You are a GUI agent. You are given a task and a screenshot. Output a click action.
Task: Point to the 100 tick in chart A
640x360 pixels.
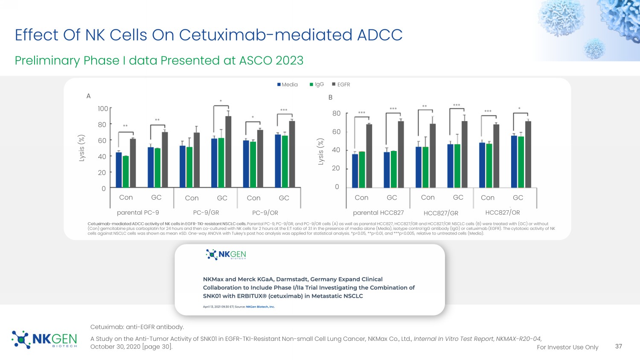pos(103,109)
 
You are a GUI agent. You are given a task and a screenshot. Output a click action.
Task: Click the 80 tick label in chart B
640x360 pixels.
pos(336,113)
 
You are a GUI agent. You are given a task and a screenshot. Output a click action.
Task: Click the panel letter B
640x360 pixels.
pos(330,97)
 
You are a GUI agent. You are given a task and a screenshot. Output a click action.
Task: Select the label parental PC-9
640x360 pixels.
pos(138,212)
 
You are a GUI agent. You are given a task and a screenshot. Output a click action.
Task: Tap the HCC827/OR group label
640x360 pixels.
pos(503,212)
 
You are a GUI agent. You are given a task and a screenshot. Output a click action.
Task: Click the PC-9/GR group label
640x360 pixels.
pos(206,212)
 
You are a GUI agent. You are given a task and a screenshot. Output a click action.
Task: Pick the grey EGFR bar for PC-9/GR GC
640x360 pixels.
pos(228,152)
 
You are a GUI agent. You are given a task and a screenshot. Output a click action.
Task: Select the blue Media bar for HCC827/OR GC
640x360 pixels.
pos(514,162)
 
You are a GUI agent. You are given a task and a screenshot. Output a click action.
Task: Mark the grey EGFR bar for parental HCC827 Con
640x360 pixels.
pos(369,156)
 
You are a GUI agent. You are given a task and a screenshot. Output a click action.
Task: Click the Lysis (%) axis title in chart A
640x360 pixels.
pos(82,148)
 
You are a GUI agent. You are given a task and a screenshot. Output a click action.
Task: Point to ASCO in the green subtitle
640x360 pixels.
pos(256,61)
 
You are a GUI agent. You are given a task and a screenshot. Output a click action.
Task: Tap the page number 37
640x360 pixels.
pos(619,346)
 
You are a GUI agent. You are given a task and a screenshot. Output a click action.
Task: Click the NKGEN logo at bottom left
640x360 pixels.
pos(44,340)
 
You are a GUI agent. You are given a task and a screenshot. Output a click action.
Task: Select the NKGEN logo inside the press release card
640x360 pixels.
pos(226,255)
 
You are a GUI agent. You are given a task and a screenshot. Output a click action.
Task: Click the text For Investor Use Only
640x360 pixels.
pos(567,347)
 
